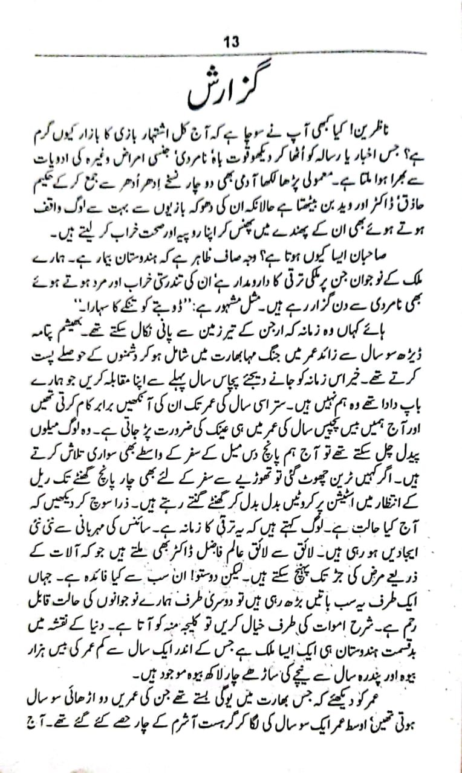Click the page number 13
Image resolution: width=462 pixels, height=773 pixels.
(x=232, y=42)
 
